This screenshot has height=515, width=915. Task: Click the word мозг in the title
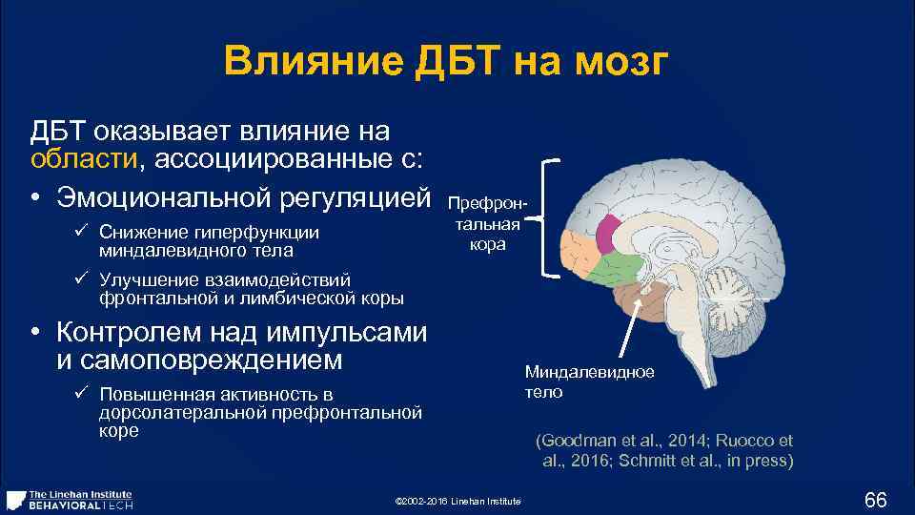(x=628, y=64)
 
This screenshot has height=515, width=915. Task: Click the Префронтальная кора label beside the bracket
(x=487, y=225)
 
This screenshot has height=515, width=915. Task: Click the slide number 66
(x=874, y=500)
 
